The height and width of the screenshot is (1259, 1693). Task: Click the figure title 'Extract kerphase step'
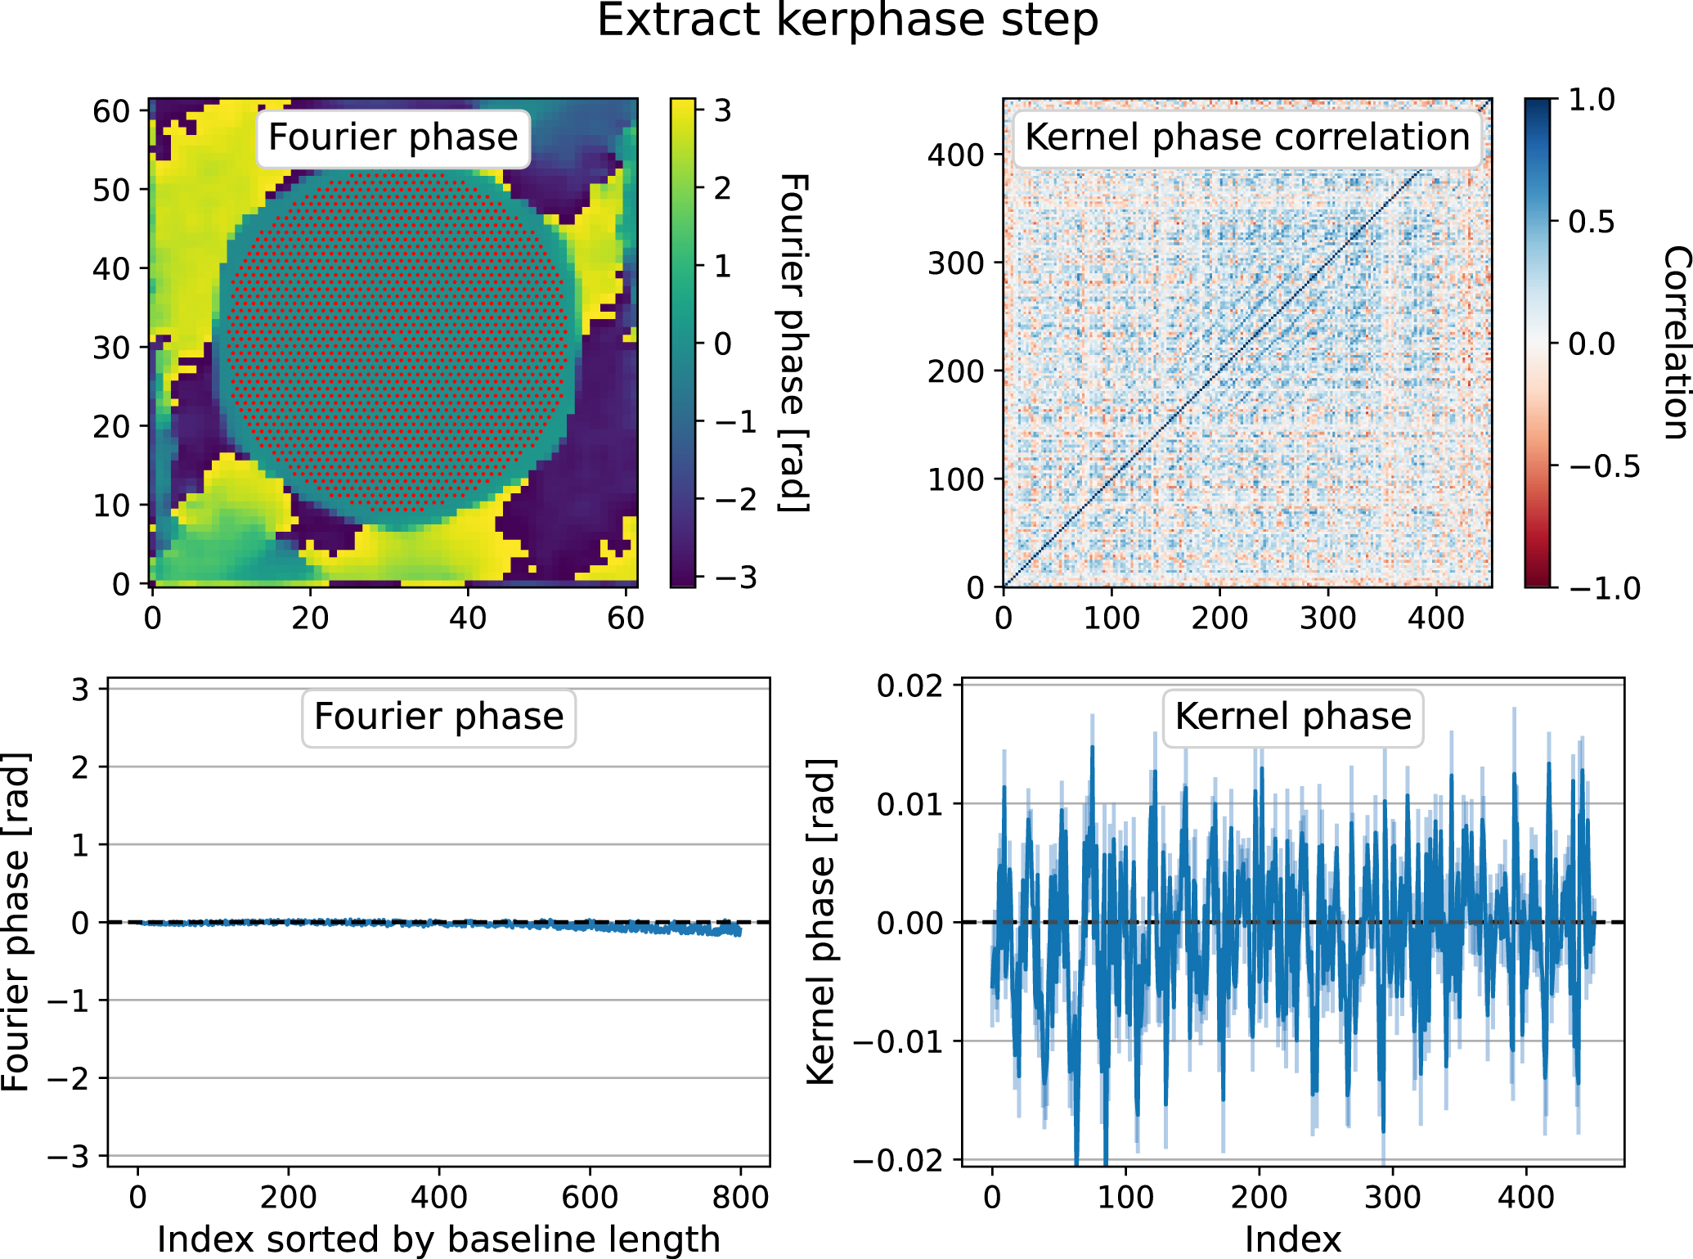(847, 21)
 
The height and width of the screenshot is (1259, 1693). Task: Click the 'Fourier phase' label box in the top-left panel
(393, 137)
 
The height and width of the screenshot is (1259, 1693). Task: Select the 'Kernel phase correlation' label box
(1246, 137)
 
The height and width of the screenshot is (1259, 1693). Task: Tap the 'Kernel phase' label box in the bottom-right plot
(1292, 717)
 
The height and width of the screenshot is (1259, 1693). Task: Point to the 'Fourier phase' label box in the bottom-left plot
(438, 717)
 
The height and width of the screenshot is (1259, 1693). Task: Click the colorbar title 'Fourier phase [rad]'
(793, 344)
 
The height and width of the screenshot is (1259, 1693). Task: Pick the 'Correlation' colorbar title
(1675, 344)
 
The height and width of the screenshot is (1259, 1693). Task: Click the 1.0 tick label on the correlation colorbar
(1591, 101)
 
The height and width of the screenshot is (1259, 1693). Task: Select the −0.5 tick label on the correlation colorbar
(1604, 467)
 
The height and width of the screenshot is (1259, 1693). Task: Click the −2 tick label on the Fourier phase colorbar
(735, 500)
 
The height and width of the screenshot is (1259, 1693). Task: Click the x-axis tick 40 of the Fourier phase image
(467, 618)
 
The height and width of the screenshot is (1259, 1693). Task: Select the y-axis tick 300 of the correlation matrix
(954, 263)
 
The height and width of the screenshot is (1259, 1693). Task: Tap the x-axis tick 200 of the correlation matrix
(1219, 618)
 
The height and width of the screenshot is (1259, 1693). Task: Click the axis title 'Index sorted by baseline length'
(438, 1239)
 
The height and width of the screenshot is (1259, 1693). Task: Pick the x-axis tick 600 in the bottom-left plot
(589, 1198)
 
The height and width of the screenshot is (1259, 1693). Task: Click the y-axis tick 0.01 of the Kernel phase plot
(909, 804)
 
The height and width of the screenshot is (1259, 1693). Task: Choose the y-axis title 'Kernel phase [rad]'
(820, 922)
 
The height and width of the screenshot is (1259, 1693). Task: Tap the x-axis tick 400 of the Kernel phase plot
(1525, 1198)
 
